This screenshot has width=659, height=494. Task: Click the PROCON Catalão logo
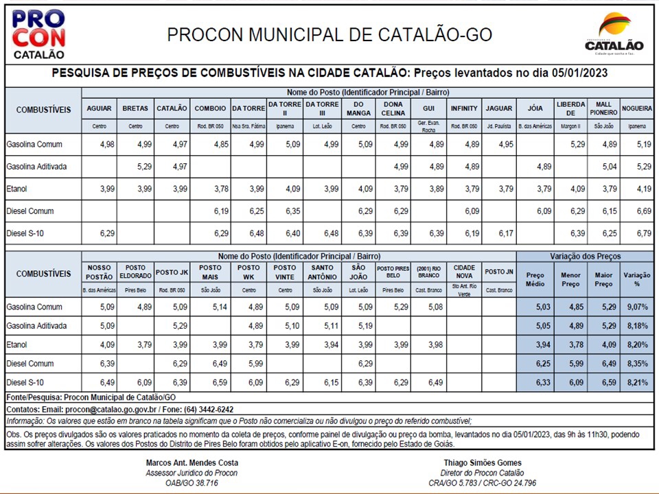click(38, 34)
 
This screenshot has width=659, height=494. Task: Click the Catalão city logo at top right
click(614, 34)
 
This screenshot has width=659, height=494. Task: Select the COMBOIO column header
click(210, 108)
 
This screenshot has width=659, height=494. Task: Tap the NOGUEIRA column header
click(636, 108)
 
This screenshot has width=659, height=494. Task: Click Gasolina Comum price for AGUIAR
click(106, 145)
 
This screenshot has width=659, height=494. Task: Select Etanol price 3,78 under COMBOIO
click(221, 189)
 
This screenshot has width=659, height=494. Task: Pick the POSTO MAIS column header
click(210, 272)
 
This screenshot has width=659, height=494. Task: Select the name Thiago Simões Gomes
click(482, 462)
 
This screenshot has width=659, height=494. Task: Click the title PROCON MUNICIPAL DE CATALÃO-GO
click(329, 34)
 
